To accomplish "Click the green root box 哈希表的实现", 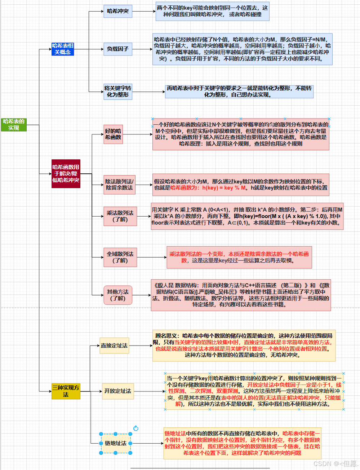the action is point(14,125).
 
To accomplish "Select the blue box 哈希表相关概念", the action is point(62,49).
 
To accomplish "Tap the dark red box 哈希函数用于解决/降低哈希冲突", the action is point(66,174).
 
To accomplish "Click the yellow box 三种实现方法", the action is point(66,391).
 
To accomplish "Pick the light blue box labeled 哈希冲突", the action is point(118,11).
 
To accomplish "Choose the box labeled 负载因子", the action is point(118,49).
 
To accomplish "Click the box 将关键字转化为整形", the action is point(118,92).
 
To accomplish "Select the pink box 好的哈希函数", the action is point(113,134).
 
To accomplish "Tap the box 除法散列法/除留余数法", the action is point(119,185).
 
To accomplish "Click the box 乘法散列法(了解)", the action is point(120,216).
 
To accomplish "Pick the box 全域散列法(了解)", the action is point(120,257).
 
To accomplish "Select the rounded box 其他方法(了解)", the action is point(118,295).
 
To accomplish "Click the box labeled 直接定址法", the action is point(114,346).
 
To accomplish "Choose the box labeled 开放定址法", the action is point(118,391).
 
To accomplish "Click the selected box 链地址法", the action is point(116,443).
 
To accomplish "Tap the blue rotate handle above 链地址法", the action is point(136,428).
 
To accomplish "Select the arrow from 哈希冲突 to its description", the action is point(143,11).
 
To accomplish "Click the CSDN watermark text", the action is point(335,464).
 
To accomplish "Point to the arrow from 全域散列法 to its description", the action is point(151,257).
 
